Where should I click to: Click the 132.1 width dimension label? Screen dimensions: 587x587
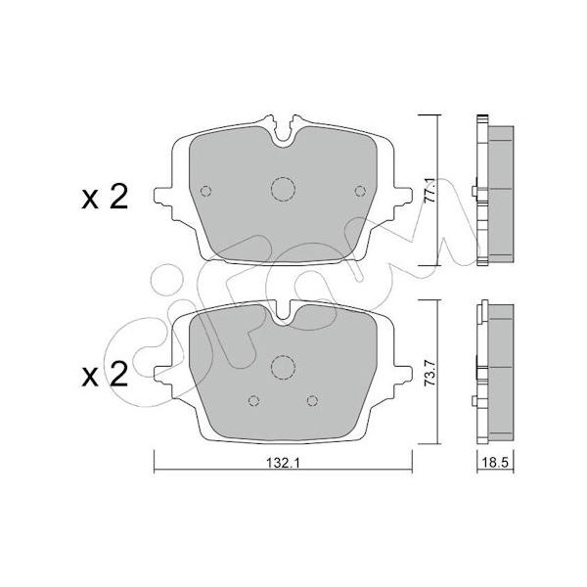(x=283, y=464)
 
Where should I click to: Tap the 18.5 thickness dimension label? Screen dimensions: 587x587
(x=495, y=464)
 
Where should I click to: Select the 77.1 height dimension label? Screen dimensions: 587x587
(x=429, y=191)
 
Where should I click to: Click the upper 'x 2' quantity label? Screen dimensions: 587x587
(x=106, y=197)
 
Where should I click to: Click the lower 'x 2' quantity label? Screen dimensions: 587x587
(x=106, y=375)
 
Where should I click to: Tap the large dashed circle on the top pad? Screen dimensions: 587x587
(x=283, y=189)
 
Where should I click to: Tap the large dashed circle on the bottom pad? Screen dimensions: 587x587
(x=283, y=367)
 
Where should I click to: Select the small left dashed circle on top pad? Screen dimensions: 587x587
(x=205, y=191)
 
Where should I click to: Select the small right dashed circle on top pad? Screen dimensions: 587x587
(x=360, y=191)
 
